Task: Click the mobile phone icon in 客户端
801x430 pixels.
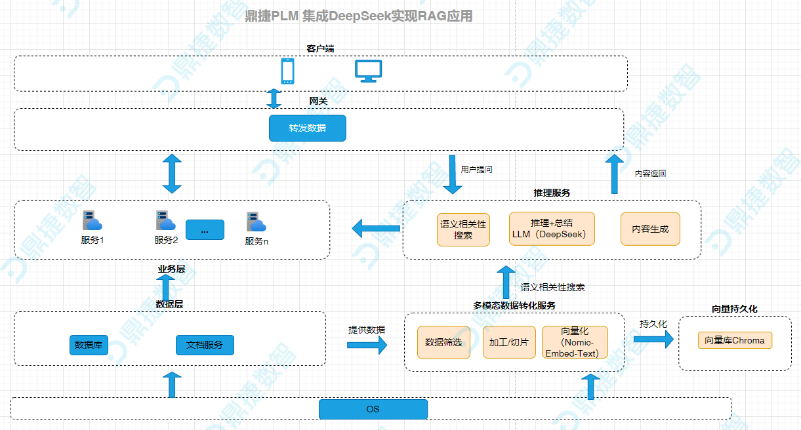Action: click(x=287, y=71)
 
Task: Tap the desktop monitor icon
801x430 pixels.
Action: click(x=369, y=71)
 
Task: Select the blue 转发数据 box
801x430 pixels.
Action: click(x=307, y=128)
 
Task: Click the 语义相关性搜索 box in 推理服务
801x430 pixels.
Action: click(x=463, y=229)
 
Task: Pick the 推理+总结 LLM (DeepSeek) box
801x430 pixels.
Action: click(x=552, y=229)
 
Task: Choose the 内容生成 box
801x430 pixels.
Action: click(x=650, y=229)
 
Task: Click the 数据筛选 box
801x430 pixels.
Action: click(x=443, y=342)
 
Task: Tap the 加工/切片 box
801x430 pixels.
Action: click(x=509, y=342)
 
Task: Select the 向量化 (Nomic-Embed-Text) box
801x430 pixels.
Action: click(x=575, y=342)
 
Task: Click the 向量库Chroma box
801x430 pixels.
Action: click(x=735, y=340)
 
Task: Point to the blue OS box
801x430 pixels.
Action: click(x=373, y=409)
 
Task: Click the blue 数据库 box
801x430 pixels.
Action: click(x=89, y=345)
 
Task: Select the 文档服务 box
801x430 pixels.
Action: click(x=205, y=345)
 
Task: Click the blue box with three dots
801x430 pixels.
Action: click(x=205, y=230)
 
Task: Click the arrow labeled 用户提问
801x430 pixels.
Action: click(x=452, y=174)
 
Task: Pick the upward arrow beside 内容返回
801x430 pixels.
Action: click(x=615, y=174)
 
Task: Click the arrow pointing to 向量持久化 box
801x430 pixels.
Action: click(x=653, y=339)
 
